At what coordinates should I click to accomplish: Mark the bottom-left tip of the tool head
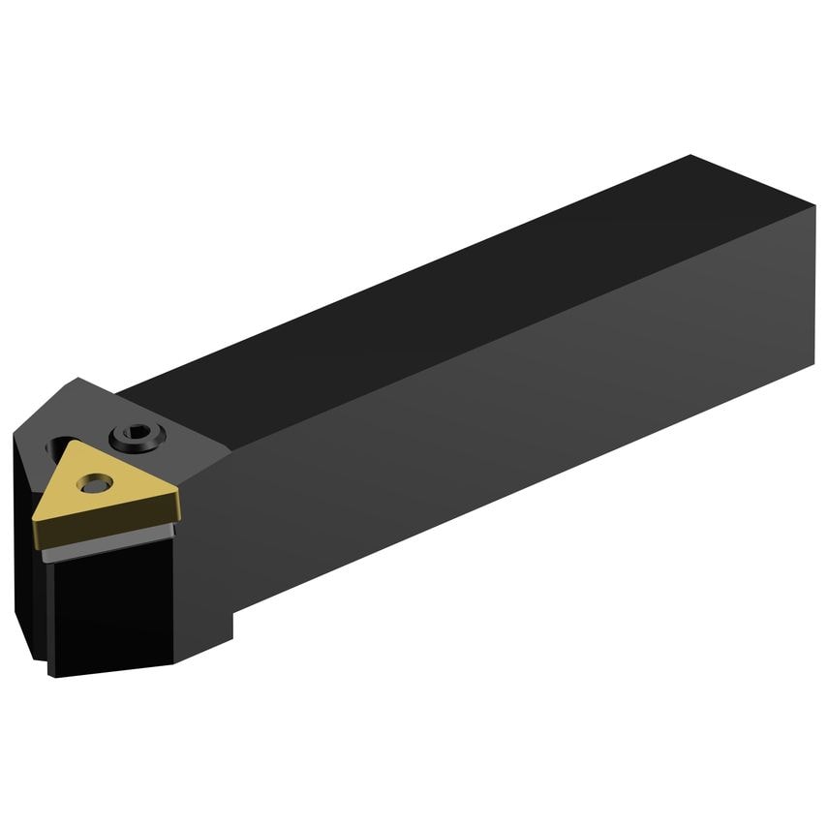(x=53, y=673)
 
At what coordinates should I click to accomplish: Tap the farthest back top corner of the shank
(x=689, y=155)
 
